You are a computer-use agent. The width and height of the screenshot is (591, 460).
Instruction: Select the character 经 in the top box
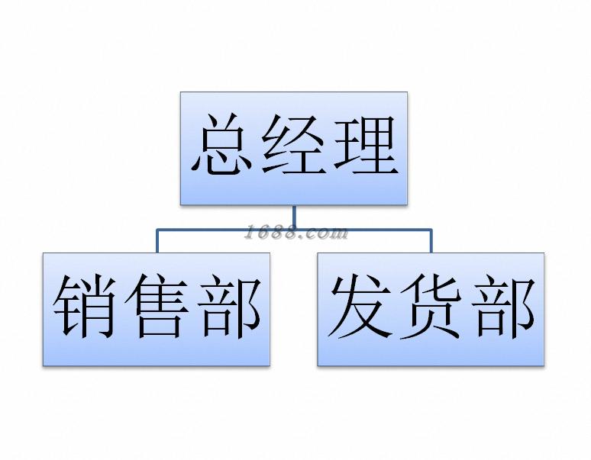point(294,147)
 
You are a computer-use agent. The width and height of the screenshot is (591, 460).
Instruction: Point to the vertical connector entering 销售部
point(157,240)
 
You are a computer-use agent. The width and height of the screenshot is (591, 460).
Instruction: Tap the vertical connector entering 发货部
point(431,240)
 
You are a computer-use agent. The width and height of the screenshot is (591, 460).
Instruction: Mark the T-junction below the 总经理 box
point(294,228)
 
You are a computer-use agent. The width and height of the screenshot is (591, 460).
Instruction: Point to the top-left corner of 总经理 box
point(181,93)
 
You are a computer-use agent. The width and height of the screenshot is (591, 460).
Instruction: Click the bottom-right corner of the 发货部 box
point(544,365)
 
